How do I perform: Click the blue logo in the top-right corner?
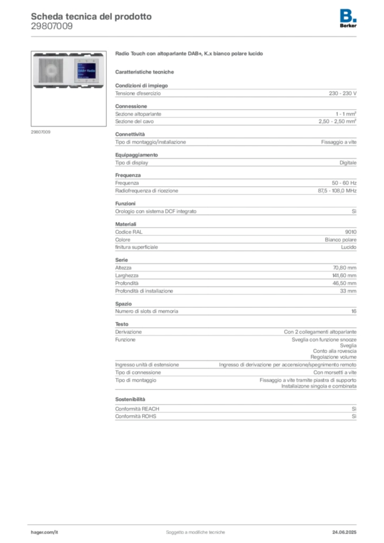(348, 15)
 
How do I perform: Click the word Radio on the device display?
(89, 70)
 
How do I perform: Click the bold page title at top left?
(91, 16)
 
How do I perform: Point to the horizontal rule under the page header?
(195, 35)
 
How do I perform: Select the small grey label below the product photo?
(40, 132)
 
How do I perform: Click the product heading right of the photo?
(190, 55)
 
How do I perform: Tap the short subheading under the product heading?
(146, 72)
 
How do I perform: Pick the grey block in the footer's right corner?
(346, 529)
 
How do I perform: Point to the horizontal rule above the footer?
(195, 523)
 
